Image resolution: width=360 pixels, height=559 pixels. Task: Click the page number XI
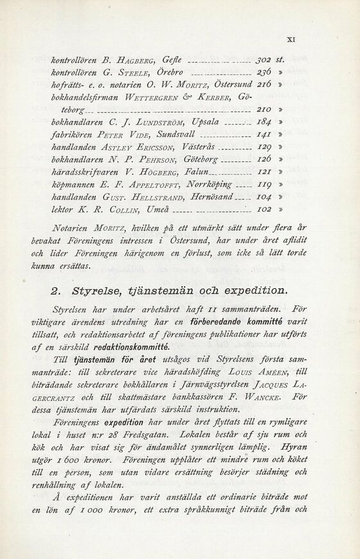[x=291, y=39]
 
